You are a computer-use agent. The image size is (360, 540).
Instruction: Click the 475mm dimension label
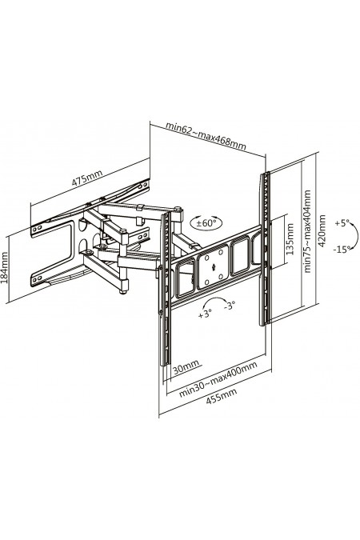coord(87,178)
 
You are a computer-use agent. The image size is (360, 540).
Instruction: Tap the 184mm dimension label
coord(5,267)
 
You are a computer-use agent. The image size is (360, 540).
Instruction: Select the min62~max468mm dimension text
coord(206,136)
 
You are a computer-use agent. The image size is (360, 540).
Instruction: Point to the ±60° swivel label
coord(206,222)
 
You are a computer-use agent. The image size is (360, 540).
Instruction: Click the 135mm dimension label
coord(290,239)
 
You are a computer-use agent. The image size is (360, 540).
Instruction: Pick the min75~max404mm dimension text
coord(307,231)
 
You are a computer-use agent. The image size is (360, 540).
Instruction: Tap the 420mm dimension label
coord(322,230)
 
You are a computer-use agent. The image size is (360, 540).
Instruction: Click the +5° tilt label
coord(342,223)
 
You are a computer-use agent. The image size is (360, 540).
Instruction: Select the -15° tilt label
coord(342,250)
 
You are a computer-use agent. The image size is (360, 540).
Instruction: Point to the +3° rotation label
coord(205,314)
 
